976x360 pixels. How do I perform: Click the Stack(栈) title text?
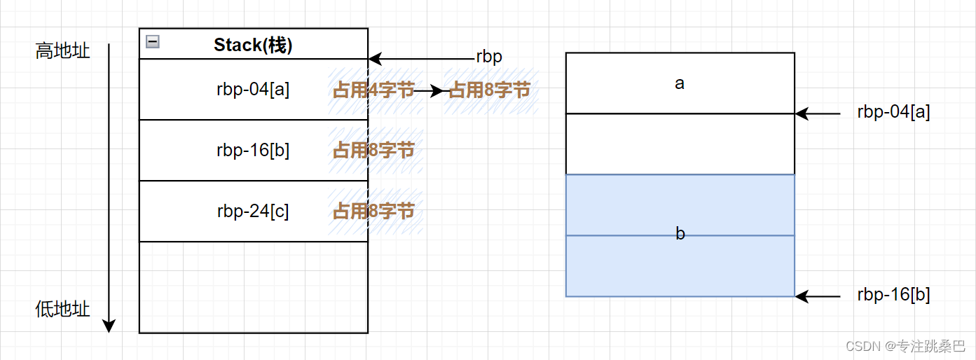(253, 46)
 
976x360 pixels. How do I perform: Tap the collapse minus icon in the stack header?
(152, 42)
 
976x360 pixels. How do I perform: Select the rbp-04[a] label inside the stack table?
(253, 90)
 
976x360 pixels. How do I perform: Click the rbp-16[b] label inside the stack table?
(253, 150)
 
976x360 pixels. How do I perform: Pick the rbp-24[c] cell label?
(253, 211)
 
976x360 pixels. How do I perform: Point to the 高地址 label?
(63, 51)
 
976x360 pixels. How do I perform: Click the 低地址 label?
(63, 309)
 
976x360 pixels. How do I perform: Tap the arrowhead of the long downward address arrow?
(109, 326)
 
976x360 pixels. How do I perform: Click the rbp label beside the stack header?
(489, 57)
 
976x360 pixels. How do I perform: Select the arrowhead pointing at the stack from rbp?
(373, 58)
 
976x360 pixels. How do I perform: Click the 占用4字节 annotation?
(373, 90)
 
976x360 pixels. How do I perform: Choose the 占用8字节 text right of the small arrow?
(489, 90)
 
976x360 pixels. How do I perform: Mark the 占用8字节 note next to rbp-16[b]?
(373, 150)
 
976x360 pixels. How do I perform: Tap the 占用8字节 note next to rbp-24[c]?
(373, 211)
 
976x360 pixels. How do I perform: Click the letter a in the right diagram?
(680, 83)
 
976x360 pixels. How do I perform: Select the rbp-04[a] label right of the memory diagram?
(893, 112)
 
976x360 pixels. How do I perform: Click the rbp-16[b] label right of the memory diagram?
(893, 296)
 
